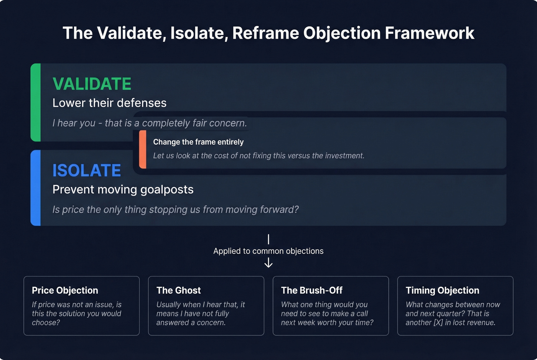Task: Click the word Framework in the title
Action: point(429,33)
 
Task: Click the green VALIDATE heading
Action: point(92,84)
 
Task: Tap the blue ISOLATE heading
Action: point(87,171)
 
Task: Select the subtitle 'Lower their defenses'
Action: point(109,103)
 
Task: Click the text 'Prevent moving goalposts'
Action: point(123,189)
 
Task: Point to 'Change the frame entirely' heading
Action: point(198,142)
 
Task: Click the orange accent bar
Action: point(143,150)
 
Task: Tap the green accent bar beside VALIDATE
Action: point(35,102)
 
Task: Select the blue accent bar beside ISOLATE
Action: point(35,188)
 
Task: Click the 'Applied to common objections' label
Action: point(268,251)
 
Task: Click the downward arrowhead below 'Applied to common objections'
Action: point(268,264)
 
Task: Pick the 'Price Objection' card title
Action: point(65,290)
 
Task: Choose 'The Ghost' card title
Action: point(178,290)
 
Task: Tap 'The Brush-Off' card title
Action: point(311,290)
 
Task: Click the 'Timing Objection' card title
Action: point(442,290)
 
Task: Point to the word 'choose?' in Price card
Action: point(46,322)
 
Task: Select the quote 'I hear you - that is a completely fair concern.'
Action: point(150,123)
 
